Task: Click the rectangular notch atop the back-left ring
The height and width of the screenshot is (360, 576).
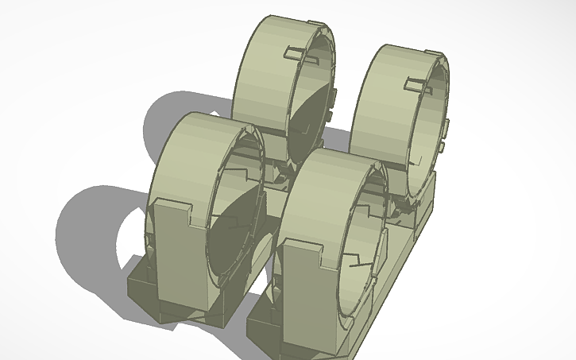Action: click(293, 53)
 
